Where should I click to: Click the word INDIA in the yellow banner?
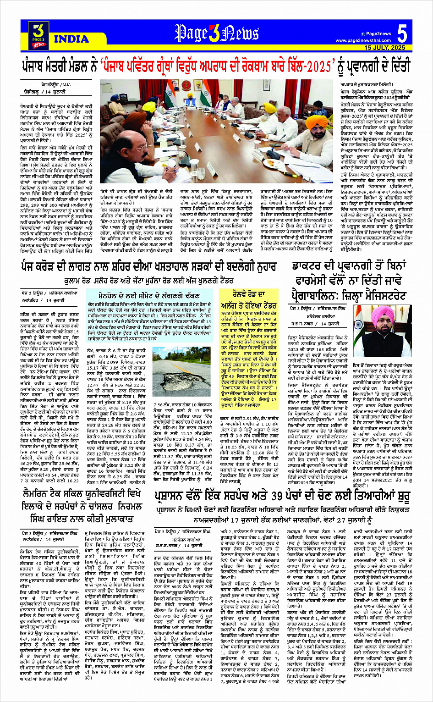[x=71, y=39]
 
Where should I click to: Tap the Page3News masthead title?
[x=217, y=33]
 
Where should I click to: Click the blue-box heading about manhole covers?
[x=152, y=296]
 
